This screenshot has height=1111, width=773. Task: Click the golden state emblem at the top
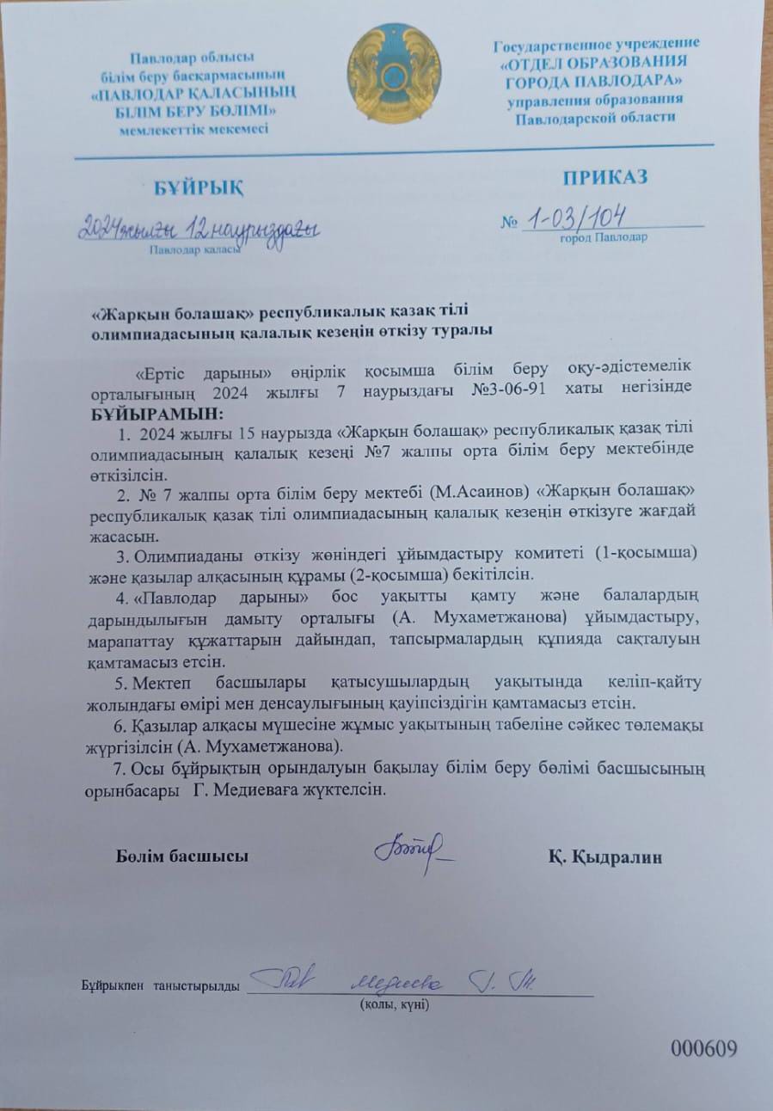394,75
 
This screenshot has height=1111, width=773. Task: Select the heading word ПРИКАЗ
605,179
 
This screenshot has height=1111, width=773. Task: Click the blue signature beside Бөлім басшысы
414,849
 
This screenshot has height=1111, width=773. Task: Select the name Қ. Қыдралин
604,856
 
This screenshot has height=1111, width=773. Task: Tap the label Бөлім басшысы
182,856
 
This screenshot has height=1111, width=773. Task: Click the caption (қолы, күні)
394,1004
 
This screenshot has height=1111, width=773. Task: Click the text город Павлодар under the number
604,237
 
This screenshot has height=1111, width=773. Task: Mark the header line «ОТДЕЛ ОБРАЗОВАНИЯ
593,62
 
